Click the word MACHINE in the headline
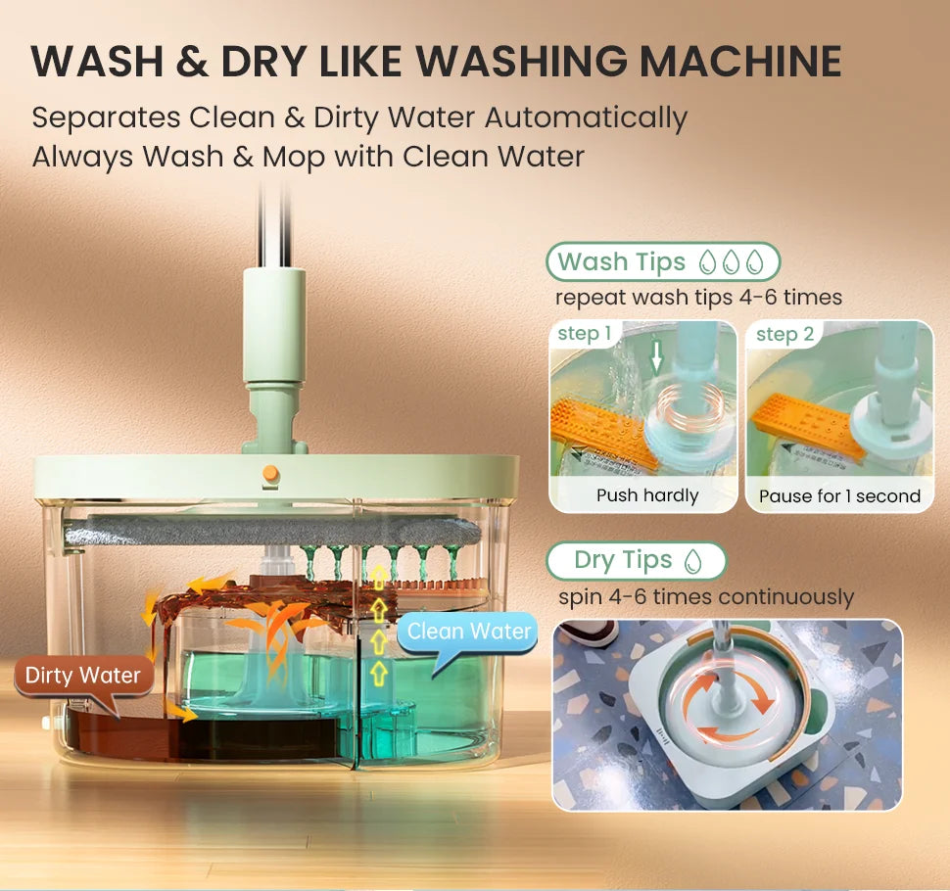pos(740,61)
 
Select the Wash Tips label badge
pos(663,261)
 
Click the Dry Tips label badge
pos(637,560)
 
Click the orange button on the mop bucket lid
pos(271,473)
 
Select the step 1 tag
pos(584,334)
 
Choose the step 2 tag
pos(784,334)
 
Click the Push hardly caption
pos(647,495)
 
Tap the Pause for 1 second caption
pos(839,496)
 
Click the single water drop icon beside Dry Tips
pos(692,561)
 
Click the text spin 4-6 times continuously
pos(706,597)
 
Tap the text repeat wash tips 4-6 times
pos(698,298)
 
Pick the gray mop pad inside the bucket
pos(272,530)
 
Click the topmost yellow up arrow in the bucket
pos(379,577)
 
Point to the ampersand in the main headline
pos(192,61)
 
